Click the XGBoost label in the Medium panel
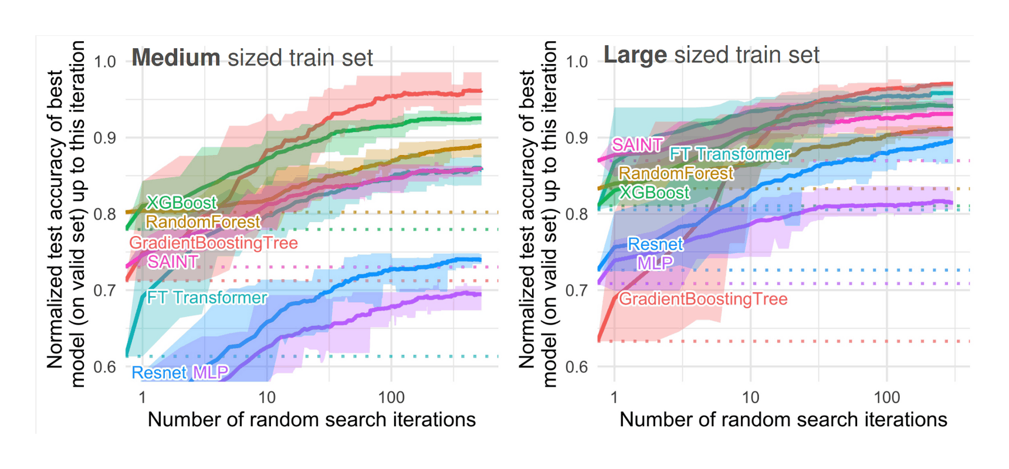click(181, 203)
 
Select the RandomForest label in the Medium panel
click(202, 222)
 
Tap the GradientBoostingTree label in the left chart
click(213, 243)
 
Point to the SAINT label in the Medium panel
click(172, 262)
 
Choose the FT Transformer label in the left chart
click(206, 298)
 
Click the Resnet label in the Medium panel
click(159, 373)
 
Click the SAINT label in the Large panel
click(637, 145)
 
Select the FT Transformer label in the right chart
click(730, 154)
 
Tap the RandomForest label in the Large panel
click(676, 174)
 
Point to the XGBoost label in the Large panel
click(655, 193)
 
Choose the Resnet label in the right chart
click(655, 244)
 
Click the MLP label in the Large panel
click(655, 263)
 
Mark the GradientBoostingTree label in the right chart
click(703, 299)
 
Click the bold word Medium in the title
click(175, 58)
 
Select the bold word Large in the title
click(635, 55)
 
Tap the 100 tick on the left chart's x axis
click(391, 397)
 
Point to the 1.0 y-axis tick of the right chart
click(576, 62)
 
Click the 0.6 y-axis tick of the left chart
click(104, 367)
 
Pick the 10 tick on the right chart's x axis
click(750, 397)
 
